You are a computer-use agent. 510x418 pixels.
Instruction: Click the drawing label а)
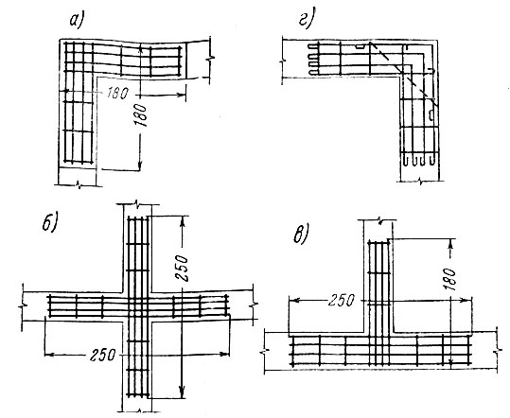click(76, 22)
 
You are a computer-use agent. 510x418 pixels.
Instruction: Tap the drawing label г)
click(306, 21)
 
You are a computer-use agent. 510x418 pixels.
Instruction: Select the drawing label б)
click(49, 222)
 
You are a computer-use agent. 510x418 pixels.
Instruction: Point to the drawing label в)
click(300, 234)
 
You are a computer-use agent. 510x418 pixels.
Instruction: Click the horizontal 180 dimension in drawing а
click(117, 94)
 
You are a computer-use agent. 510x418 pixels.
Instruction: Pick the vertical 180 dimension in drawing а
click(142, 115)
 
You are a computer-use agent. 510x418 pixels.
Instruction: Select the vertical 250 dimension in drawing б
click(181, 268)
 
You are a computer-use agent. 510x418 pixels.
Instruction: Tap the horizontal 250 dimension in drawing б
click(103, 355)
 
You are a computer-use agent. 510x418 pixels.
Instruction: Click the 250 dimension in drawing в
click(341, 301)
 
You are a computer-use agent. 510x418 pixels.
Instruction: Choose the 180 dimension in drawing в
click(450, 279)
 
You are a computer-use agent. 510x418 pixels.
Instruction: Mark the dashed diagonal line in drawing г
click(404, 74)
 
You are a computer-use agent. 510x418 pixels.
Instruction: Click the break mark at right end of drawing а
click(210, 59)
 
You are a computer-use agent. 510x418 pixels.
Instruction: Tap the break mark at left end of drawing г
click(283, 61)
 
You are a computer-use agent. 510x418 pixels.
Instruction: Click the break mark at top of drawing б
click(137, 204)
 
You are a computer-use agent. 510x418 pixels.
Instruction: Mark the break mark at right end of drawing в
click(497, 352)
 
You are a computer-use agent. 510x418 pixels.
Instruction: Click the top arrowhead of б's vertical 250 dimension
click(183, 219)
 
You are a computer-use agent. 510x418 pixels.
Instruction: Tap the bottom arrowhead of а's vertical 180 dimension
click(140, 165)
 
